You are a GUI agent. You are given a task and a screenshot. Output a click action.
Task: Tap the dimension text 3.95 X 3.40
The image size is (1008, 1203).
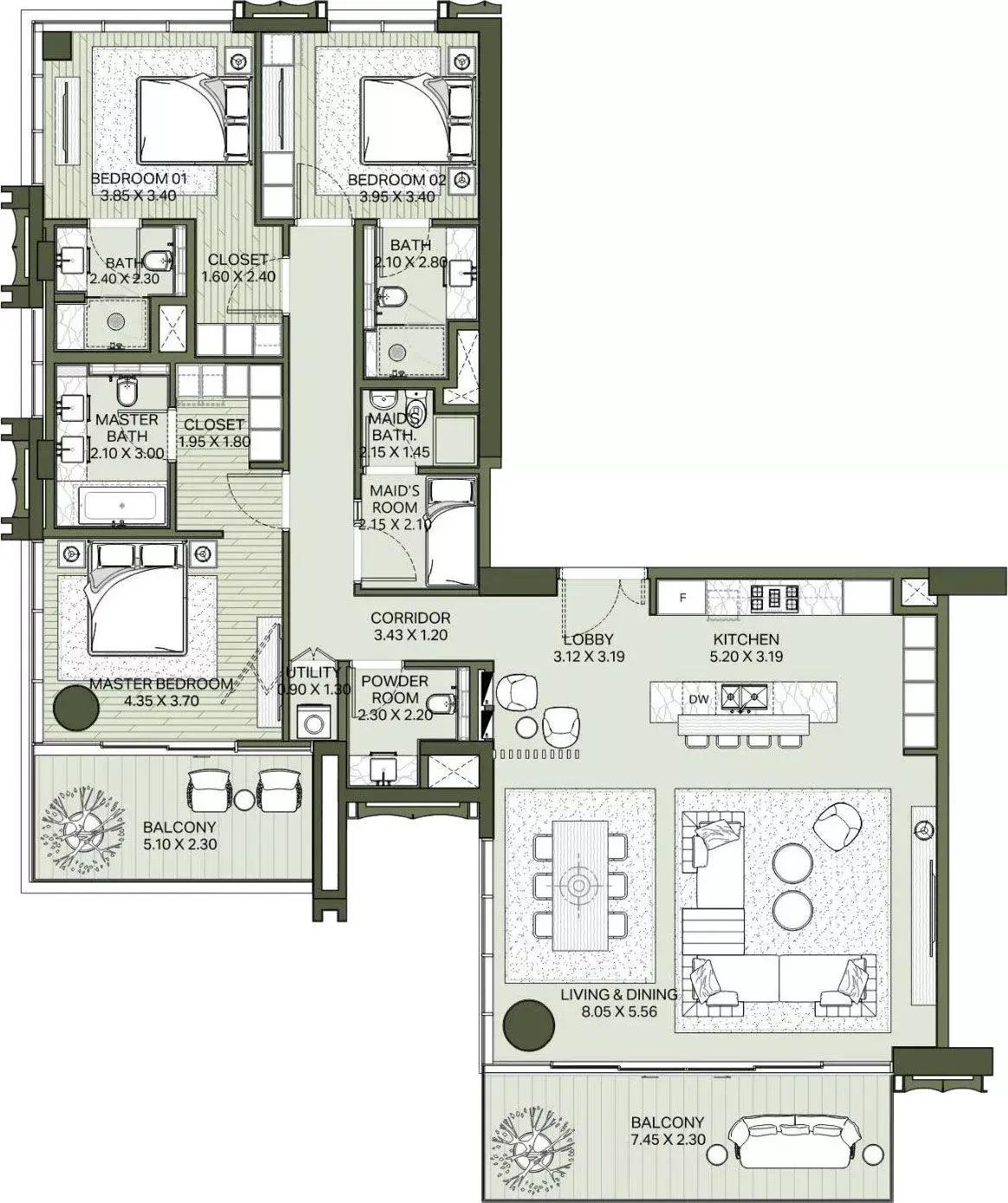tap(397, 196)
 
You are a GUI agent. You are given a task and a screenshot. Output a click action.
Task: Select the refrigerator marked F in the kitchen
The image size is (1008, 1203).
tap(682, 597)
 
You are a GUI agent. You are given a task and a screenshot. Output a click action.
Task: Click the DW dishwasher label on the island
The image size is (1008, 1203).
tap(698, 699)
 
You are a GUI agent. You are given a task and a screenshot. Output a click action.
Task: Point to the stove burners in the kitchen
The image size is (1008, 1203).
tap(767, 597)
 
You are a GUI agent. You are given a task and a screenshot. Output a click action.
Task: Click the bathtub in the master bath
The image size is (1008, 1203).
tap(120, 504)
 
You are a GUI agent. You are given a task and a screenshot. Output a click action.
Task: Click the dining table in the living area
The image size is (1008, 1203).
tap(578, 885)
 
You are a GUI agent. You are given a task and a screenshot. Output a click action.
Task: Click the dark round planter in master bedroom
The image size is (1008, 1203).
tap(76, 709)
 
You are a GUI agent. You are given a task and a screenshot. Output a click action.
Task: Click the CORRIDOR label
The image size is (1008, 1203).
tap(410, 618)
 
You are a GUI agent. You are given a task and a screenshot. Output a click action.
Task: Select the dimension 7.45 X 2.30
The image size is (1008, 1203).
tap(667, 1140)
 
